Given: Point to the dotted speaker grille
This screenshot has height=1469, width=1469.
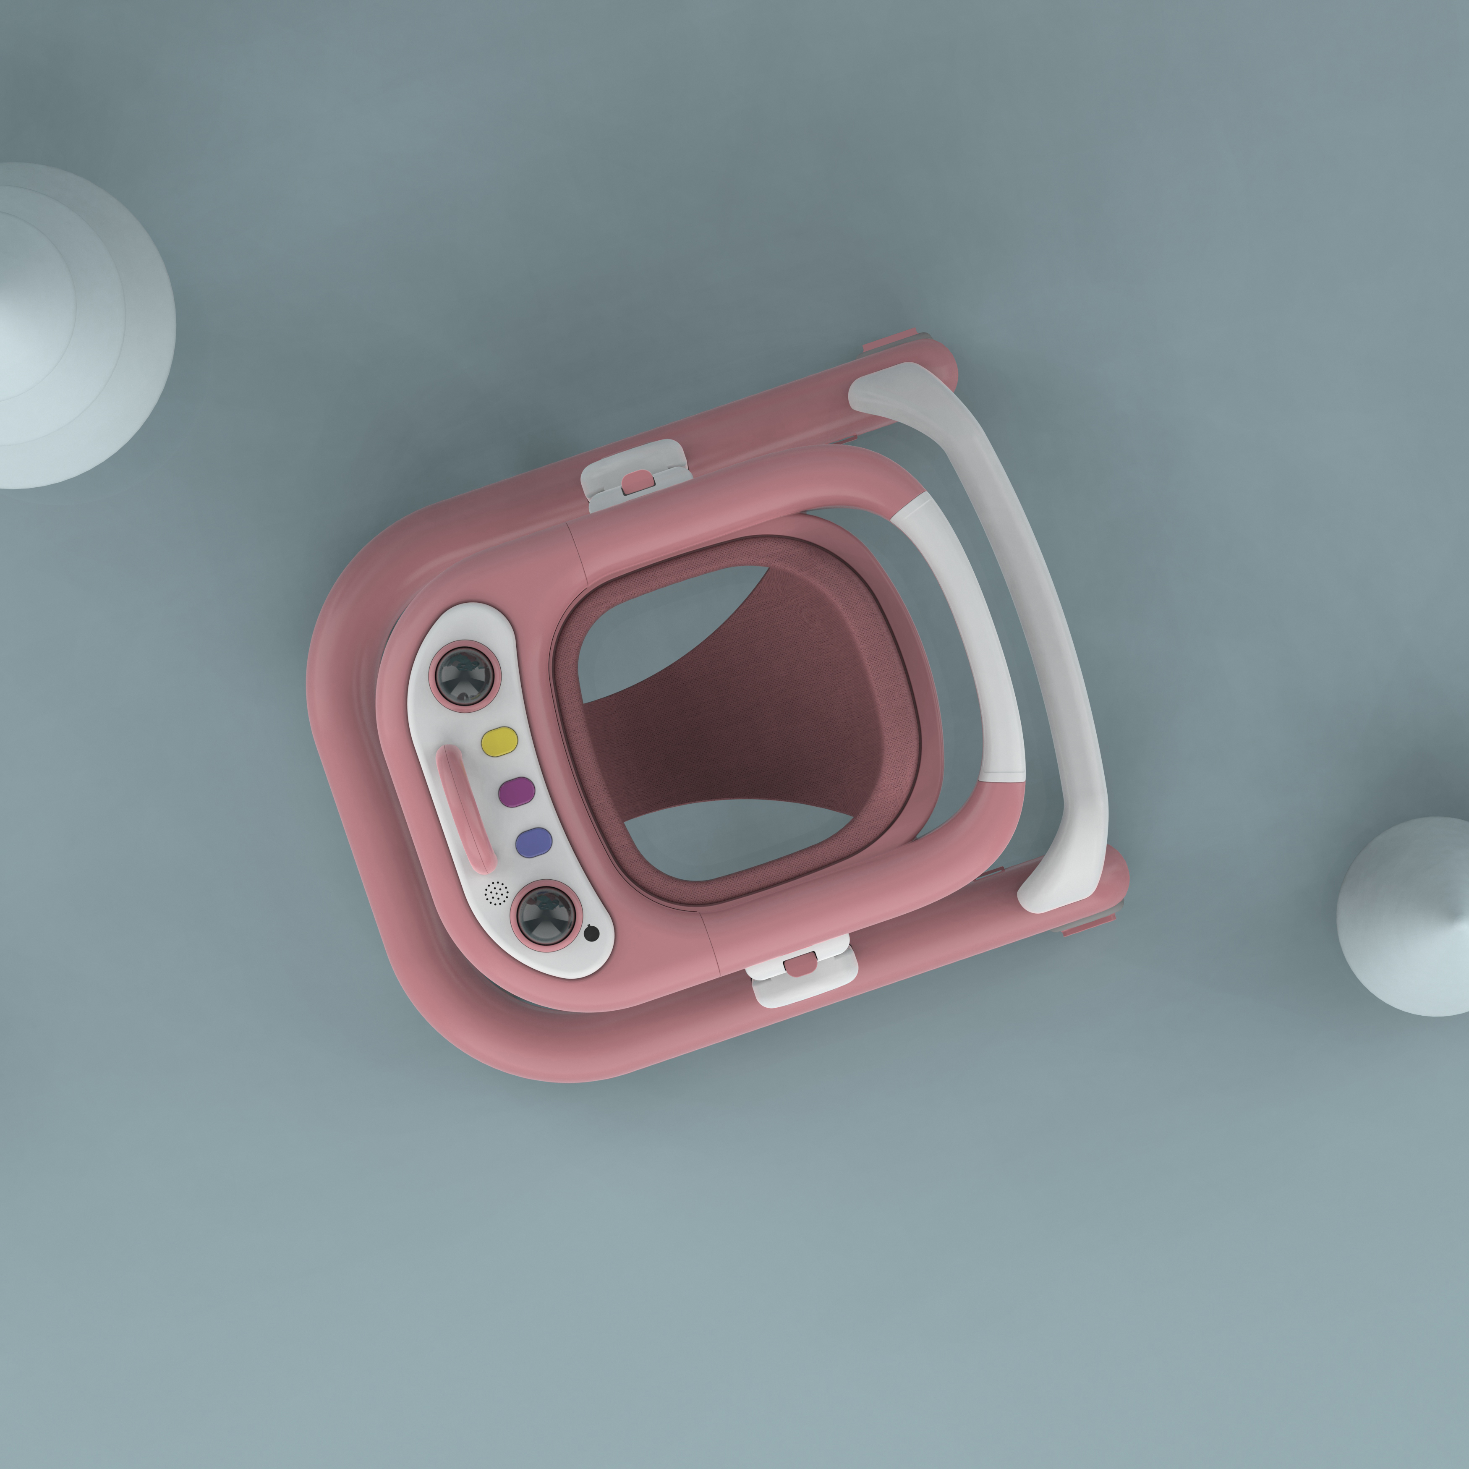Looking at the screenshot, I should coord(496,894).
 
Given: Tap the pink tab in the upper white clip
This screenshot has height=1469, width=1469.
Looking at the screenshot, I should coord(637,480).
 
